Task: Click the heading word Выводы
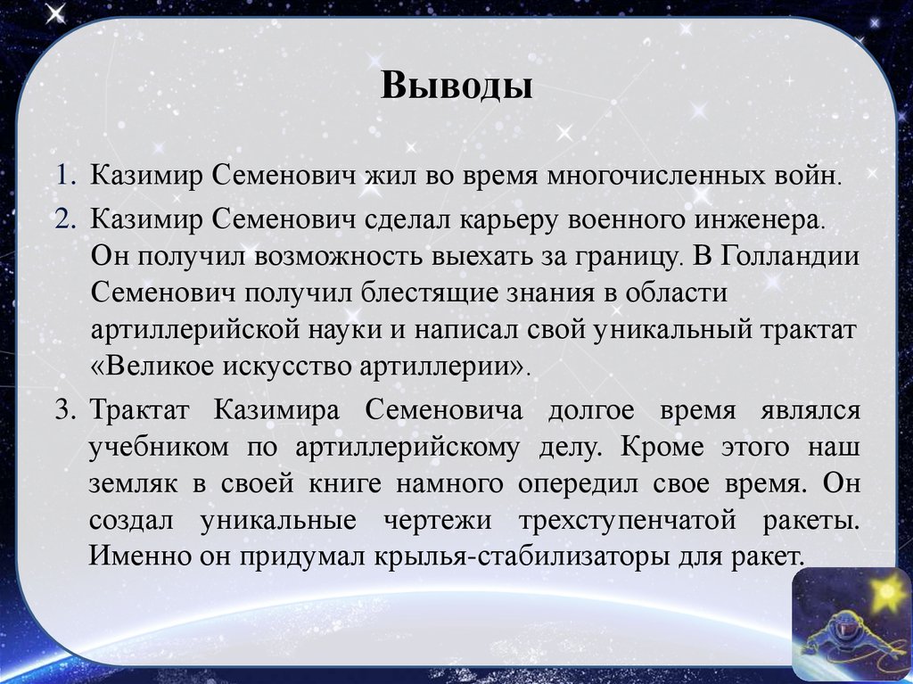[457, 87]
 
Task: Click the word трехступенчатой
[665, 521]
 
